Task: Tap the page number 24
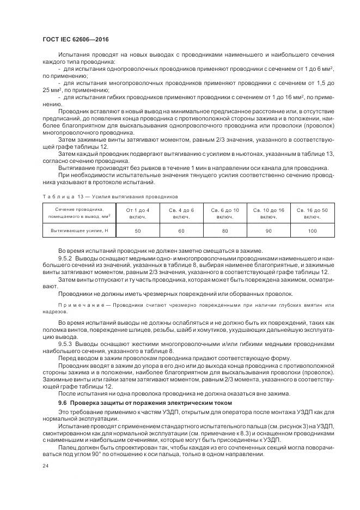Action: point(45,466)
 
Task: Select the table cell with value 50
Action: point(137,232)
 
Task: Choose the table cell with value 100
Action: point(313,232)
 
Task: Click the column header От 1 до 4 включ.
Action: point(137,213)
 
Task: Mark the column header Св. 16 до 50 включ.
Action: point(313,213)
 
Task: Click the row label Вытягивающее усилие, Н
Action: point(80,232)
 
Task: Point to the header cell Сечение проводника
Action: point(80,213)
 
